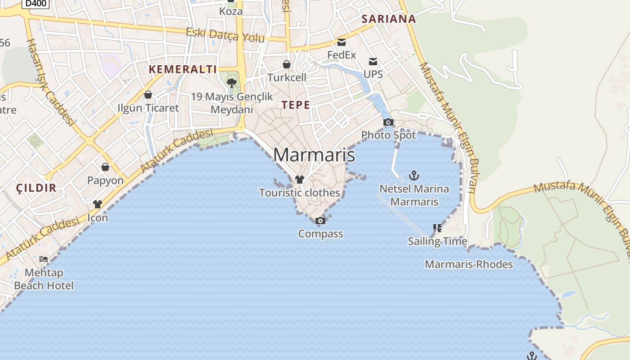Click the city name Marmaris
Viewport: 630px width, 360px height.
pos(314,155)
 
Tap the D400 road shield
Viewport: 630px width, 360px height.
pos(36,3)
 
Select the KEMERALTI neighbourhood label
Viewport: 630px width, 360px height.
pos(183,69)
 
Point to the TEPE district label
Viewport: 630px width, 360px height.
pos(296,105)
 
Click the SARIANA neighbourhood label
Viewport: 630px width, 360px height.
pos(389,19)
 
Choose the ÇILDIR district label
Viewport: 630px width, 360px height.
pos(36,188)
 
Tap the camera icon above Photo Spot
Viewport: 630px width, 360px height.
pos(388,122)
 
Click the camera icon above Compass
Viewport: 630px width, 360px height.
pos(320,220)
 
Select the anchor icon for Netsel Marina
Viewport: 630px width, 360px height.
pos(414,175)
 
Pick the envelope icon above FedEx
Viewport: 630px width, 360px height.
pos(342,42)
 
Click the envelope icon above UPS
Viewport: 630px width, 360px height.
pos(373,61)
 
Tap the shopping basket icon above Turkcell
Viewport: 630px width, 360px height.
pos(287,64)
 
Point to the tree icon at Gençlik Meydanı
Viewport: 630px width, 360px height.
pos(232,83)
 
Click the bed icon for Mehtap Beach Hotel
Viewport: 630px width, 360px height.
pos(44,259)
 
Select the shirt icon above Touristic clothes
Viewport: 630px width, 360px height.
pos(300,180)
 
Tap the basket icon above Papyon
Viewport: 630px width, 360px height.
pos(105,167)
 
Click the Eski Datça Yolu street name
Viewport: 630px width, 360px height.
pos(225,35)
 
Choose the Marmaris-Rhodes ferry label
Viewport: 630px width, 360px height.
pos(469,264)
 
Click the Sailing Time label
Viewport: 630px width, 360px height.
pos(437,241)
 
